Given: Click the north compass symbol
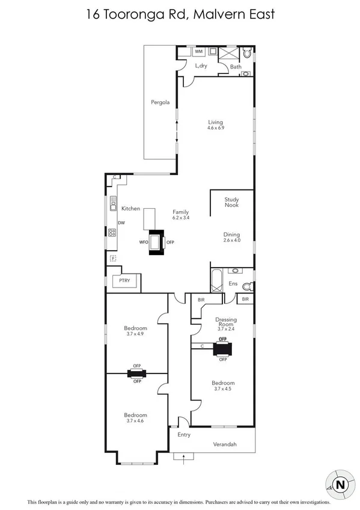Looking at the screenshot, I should click(340, 484).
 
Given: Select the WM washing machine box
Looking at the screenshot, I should click(198, 52).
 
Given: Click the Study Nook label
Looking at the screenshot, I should click(232, 203).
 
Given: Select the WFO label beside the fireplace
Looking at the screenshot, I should click(143, 242).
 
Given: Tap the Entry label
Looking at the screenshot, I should click(183, 434).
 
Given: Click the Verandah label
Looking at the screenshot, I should click(225, 445).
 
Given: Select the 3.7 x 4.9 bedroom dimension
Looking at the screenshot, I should click(136, 334).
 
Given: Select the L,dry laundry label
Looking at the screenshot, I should click(201, 66).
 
